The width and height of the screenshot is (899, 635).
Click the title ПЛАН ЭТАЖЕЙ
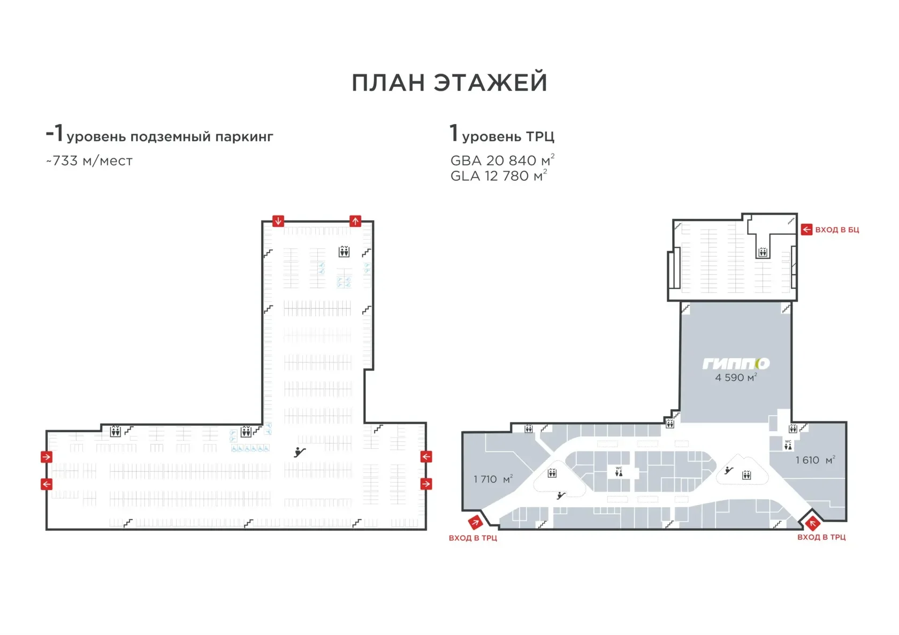click(449, 82)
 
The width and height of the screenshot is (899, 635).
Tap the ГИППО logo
click(736, 363)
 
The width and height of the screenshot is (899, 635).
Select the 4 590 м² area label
click(736, 377)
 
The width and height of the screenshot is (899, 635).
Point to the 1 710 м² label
click(493, 479)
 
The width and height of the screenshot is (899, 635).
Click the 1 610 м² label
click(815, 460)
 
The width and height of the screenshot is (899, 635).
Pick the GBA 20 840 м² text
click(502, 160)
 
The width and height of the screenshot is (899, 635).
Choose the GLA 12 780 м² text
click(499, 175)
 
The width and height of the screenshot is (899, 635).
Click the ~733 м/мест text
click(89, 161)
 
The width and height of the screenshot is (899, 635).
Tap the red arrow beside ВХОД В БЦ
click(807, 229)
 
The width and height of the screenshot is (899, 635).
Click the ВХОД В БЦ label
click(837, 230)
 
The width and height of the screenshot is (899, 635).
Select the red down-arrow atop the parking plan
click(278, 221)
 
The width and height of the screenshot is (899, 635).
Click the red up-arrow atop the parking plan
click(355, 221)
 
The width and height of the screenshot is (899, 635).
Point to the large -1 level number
click(55, 133)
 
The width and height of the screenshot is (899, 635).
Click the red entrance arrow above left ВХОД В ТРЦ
click(475, 522)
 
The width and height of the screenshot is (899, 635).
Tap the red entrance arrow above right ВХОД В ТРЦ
click(813, 524)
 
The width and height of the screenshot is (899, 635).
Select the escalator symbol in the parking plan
click(300, 452)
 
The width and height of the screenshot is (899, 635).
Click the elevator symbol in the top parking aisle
click(344, 251)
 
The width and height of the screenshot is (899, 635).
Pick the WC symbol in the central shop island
click(619, 472)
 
